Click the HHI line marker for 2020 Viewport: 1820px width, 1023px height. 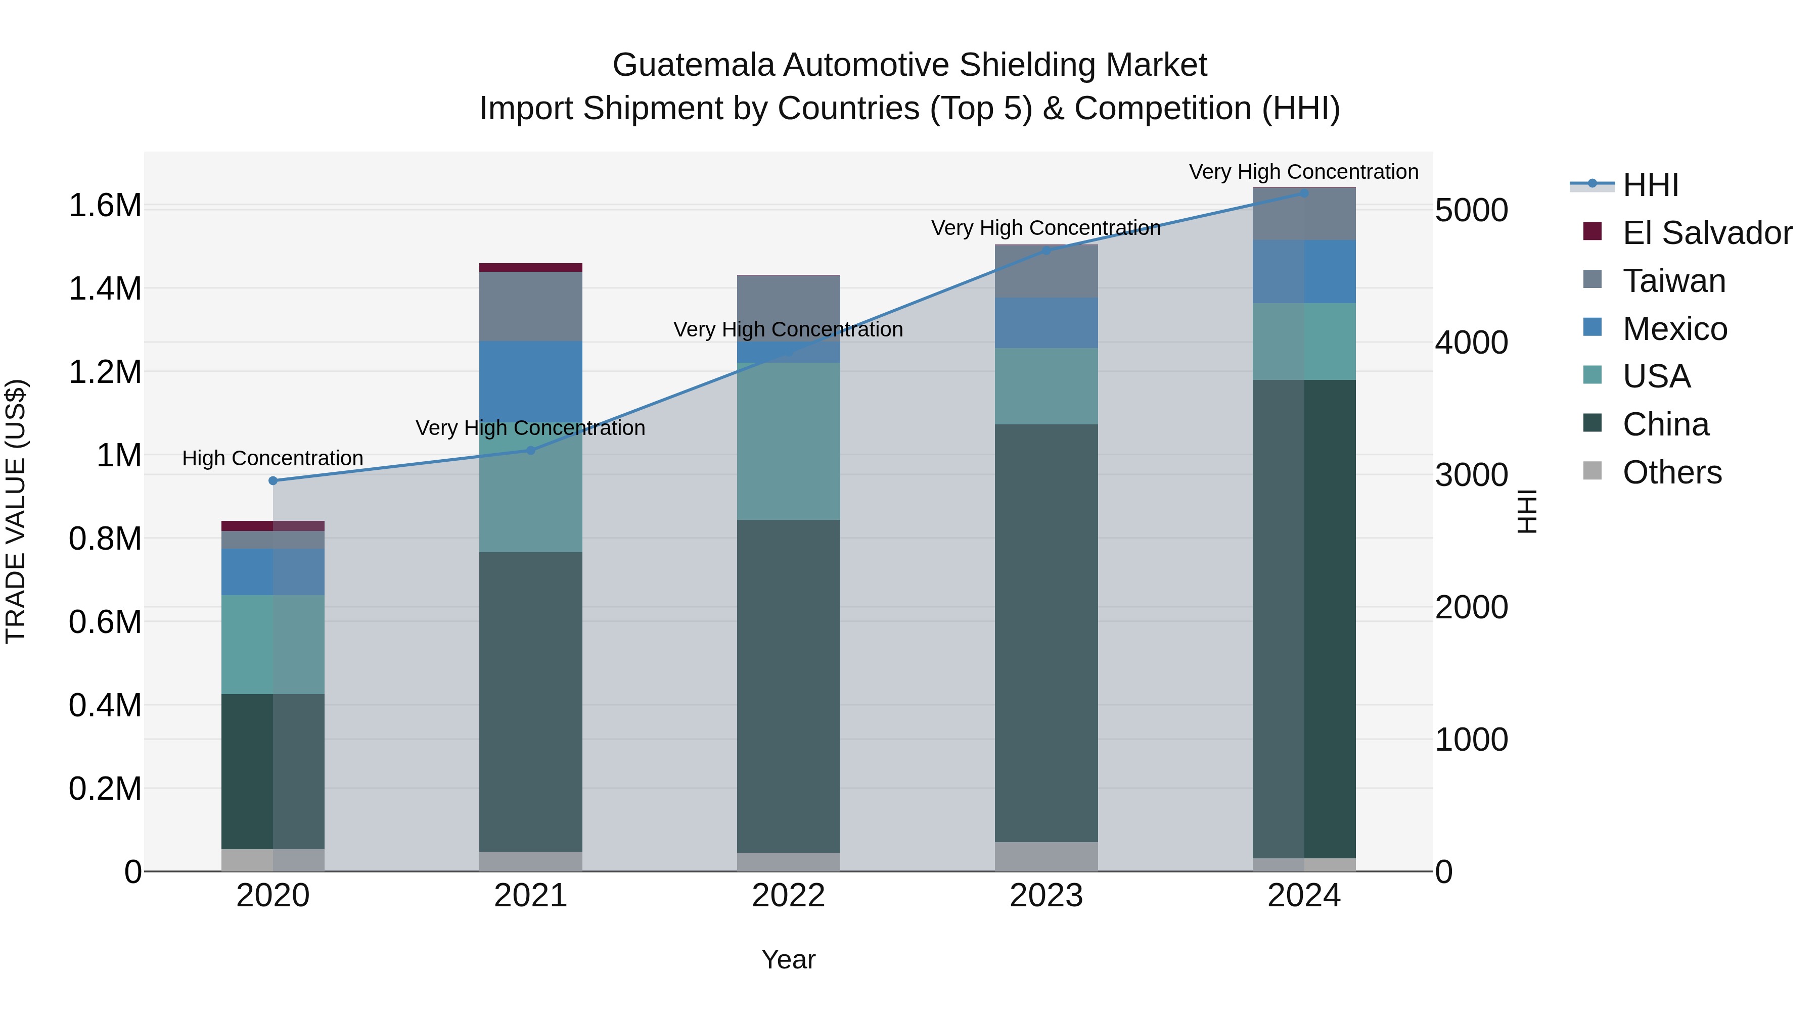[x=272, y=481]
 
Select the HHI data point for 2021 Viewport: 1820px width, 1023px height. [x=531, y=451]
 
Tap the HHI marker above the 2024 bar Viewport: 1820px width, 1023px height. [x=1304, y=193]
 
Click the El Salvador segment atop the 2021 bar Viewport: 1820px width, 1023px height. [x=531, y=268]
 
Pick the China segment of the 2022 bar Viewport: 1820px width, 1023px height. [x=789, y=685]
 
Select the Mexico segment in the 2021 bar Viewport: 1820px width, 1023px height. [x=531, y=381]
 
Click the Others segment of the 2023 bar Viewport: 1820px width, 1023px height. [x=1046, y=856]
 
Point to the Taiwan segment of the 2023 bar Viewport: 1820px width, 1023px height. [x=1046, y=272]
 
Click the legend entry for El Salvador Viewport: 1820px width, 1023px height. [x=1706, y=233]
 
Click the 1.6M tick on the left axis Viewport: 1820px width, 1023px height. [x=105, y=206]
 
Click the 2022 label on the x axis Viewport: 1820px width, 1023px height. [x=789, y=896]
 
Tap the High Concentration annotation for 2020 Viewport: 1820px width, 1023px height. [x=272, y=458]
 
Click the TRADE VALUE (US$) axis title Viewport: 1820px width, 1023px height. [x=16, y=511]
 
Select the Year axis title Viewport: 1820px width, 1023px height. [x=789, y=959]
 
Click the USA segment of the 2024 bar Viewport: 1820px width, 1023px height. [x=1304, y=342]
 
